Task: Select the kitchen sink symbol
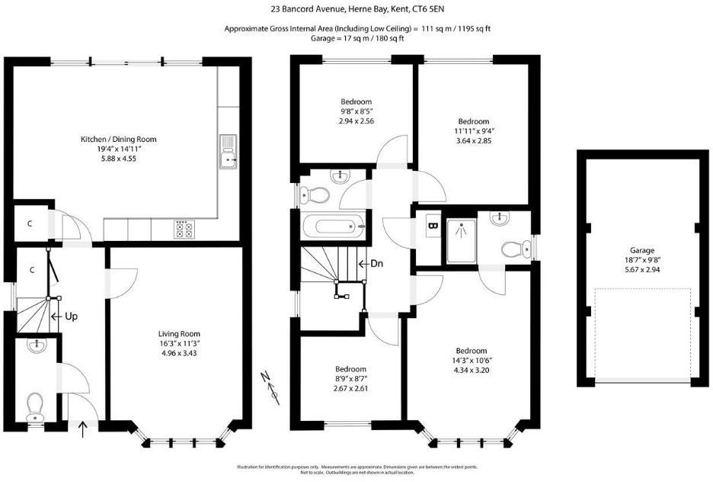pos(228,152)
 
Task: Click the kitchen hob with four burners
pos(184,230)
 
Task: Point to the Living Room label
pos(179,334)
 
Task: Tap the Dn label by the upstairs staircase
pos(376,264)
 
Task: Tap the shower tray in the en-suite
pos(460,236)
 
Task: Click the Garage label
pos(641,249)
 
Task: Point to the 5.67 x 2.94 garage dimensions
pos(641,269)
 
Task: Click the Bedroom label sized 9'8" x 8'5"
pos(356,102)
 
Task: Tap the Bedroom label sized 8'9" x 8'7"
pos(351,369)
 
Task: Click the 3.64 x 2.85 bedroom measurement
pos(473,140)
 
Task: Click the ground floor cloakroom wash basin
pos(36,347)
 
